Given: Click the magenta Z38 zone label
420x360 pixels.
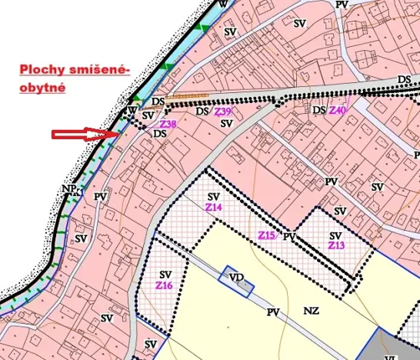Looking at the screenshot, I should [167, 124].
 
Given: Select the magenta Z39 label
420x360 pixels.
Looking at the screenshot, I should [223, 112].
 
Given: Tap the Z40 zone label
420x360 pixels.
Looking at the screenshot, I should [338, 111].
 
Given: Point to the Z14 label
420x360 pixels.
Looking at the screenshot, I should [213, 208].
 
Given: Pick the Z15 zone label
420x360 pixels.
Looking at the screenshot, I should [267, 234].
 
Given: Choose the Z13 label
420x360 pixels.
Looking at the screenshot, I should [336, 245].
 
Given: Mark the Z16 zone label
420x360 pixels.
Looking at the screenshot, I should [164, 285].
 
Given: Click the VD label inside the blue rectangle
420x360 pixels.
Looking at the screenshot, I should [234, 275].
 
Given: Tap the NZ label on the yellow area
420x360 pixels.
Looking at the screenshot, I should [311, 311].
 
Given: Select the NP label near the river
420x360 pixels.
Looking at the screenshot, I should [68, 188].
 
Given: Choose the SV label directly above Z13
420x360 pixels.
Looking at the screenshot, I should [335, 235].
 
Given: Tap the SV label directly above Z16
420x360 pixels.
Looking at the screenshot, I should [165, 275].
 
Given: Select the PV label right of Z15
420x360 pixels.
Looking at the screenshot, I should [289, 237].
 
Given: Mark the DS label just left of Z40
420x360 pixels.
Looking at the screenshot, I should [319, 111].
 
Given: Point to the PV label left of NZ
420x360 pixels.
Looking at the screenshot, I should [272, 312].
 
